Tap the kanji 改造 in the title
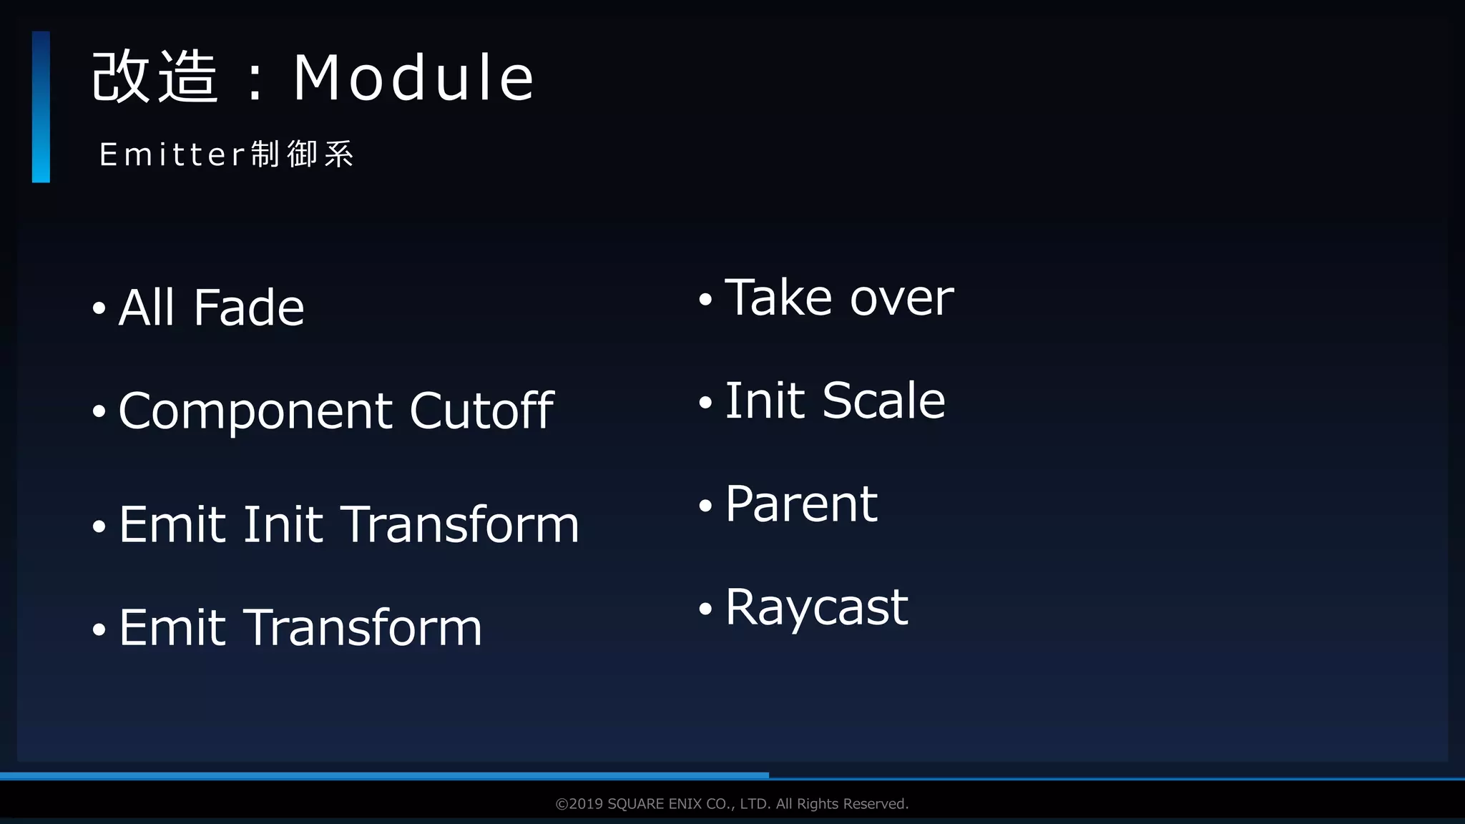pyautogui.click(x=155, y=77)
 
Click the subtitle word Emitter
pyautogui.click(x=173, y=154)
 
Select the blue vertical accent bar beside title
pyautogui.click(x=41, y=107)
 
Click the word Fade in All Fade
pyautogui.click(x=248, y=308)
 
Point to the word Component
pyautogui.click(x=256, y=412)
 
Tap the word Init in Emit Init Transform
pyautogui.click(x=283, y=524)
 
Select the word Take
pyautogui.click(x=778, y=298)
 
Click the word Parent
pyautogui.click(x=801, y=504)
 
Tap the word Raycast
pyautogui.click(x=816, y=608)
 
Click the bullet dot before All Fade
pyautogui.click(x=99, y=309)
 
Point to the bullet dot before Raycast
pyautogui.click(x=706, y=609)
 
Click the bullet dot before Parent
pyautogui.click(x=706, y=506)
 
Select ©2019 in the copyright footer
pyautogui.click(x=579, y=804)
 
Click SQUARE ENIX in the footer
pyautogui.click(x=655, y=804)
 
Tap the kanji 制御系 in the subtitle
pyautogui.click(x=302, y=154)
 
